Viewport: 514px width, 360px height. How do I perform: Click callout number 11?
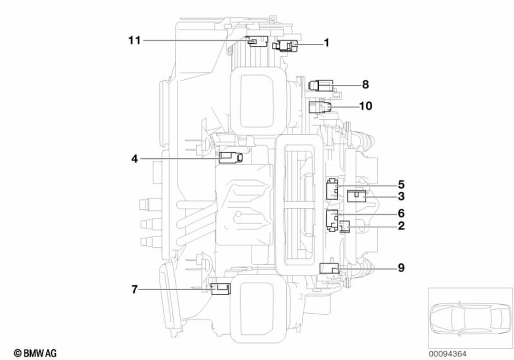click(135, 41)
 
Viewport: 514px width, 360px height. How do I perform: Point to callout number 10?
click(365, 106)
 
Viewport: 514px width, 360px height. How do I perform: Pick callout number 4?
click(134, 159)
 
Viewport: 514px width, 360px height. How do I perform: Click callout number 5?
click(401, 184)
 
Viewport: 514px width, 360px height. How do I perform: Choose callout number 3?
click(401, 196)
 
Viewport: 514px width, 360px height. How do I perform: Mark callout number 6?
click(401, 213)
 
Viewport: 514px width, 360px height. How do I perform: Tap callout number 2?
click(401, 225)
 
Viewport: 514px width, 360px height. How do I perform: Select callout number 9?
click(401, 267)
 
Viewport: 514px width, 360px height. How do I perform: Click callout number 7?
click(134, 290)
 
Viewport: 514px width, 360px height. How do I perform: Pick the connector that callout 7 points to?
click(221, 289)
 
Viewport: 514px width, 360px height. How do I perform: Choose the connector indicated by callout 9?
click(329, 268)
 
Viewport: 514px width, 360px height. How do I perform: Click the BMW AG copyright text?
click(35, 353)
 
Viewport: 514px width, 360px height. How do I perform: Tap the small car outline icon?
click(467, 317)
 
